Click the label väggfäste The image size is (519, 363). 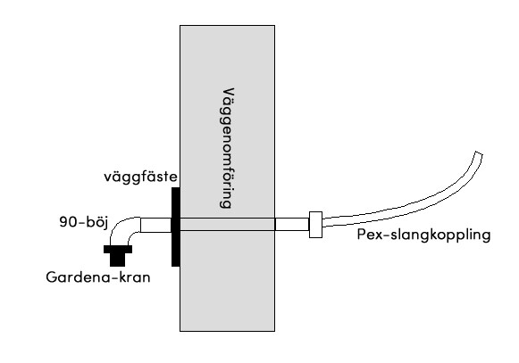[x=140, y=177]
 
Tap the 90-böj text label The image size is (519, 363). [x=84, y=222]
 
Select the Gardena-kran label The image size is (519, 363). [x=98, y=277]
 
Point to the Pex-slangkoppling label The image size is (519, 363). [x=423, y=235]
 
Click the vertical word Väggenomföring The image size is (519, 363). [x=227, y=148]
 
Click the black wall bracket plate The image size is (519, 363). [x=176, y=227]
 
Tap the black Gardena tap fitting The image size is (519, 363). [x=118, y=256]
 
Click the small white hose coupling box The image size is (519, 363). [x=315, y=225]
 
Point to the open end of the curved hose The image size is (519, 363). [x=479, y=154]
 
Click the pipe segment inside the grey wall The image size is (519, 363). [x=228, y=225]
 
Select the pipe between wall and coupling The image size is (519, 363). [x=292, y=225]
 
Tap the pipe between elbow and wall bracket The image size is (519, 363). [x=156, y=225]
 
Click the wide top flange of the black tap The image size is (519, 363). [x=118, y=249]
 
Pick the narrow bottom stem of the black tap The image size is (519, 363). [x=118, y=260]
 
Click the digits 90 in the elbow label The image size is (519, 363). [x=68, y=222]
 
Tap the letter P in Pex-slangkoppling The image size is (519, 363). [x=361, y=234]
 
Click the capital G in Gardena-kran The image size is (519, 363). [x=51, y=277]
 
